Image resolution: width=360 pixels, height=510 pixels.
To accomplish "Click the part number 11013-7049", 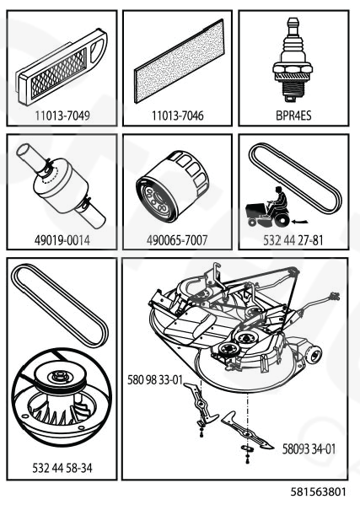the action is (62, 115).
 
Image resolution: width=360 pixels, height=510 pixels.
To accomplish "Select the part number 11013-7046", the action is (178, 115).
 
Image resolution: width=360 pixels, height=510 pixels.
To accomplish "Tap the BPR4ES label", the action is (293, 115).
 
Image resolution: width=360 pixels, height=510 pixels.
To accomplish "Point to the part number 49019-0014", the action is (62, 240).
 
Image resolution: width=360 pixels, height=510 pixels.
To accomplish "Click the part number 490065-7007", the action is (177, 240).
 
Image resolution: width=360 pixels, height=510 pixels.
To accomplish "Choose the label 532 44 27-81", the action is (293, 240).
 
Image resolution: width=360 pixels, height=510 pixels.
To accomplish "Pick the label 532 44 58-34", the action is (62, 468).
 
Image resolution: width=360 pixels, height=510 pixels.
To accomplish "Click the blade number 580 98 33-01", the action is (155, 379).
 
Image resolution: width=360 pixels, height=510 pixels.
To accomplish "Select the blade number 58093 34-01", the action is (309, 448).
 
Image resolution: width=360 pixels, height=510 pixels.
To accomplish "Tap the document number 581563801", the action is (319, 491).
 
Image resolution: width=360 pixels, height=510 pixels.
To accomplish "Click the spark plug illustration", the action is (293, 60).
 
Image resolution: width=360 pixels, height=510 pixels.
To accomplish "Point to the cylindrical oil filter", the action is (172, 187).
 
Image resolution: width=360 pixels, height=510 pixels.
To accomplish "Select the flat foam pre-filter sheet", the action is (180, 62).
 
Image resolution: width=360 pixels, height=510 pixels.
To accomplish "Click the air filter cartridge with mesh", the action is (62, 67).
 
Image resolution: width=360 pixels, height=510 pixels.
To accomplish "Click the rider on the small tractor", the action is (279, 200).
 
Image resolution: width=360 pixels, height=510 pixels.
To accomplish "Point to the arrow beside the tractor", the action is (300, 223).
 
